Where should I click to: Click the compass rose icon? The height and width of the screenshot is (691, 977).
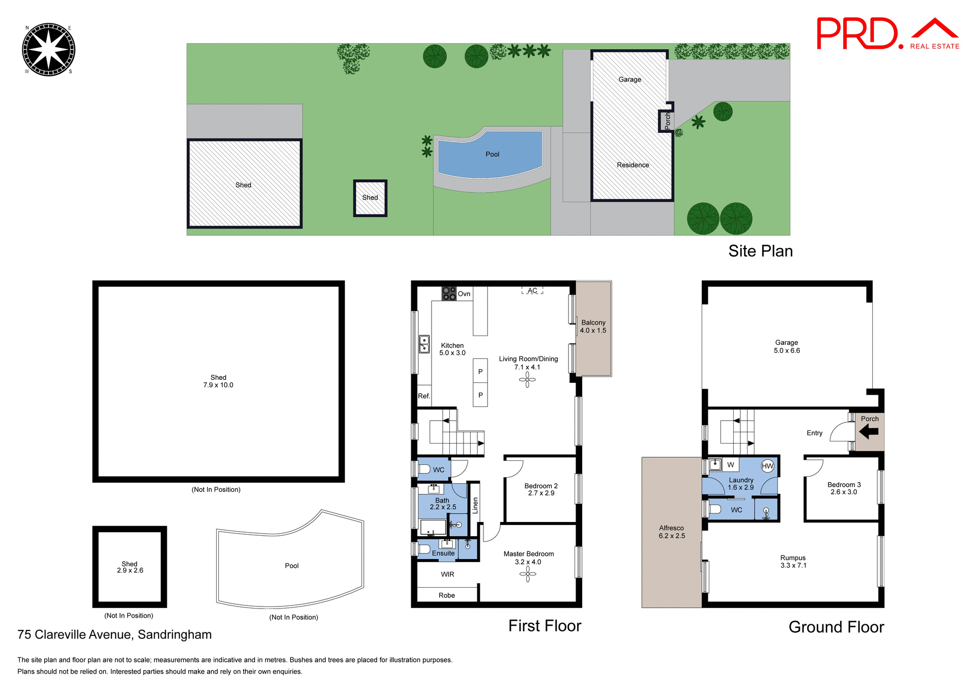click(x=48, y=49)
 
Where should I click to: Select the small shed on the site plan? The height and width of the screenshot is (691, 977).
click(x=370, y=198)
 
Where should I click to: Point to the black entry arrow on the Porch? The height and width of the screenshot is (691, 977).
click(x=869, y=432)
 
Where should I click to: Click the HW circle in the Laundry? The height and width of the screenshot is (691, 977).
click(x=767, y=466)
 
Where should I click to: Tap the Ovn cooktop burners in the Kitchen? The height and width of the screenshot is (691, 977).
click(x=449, y=293)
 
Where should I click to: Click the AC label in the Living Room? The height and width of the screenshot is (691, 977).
click(x=532, y=291)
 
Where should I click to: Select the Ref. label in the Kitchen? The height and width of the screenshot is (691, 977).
click(x=424, y=396)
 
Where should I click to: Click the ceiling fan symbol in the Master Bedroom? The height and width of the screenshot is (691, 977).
click(x=528, y=574)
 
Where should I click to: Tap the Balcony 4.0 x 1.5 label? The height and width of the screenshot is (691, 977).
click(x=593, y=326)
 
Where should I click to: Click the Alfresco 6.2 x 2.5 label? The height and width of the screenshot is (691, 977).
click(x=672, y=532)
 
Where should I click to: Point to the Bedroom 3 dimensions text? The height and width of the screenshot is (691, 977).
click(x=844, y=492)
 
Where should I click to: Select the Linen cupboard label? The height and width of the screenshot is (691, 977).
click(x=475, y=505)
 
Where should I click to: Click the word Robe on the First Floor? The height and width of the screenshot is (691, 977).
click(x=447, y=595)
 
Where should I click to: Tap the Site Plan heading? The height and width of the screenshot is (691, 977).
click(x=760, y=251)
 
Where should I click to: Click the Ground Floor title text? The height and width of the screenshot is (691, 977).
click(x=836, y=627)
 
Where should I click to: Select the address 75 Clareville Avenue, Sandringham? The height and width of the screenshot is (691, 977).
click(x=114, y=634)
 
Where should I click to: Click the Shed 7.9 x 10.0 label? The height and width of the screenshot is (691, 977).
click(x=218, y=381)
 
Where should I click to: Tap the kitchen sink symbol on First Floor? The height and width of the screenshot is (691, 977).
click(x=424, y=344)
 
